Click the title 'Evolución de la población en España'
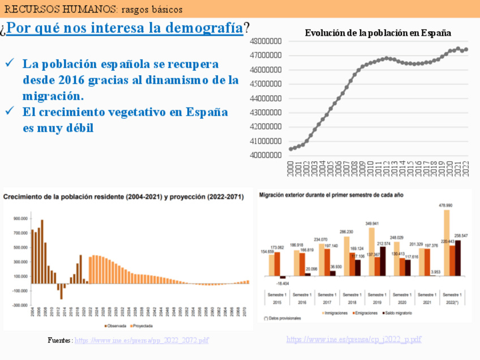[378, 33]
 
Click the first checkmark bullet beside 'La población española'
[10, 63]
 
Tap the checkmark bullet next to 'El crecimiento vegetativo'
[10, 112]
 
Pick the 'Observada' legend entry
[117, 325]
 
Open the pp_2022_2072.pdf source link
[142, 340]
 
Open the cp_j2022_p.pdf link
[354, 339]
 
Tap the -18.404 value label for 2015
[283, 282]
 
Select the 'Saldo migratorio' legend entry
[398, 312]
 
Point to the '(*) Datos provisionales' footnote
[282, 319]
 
